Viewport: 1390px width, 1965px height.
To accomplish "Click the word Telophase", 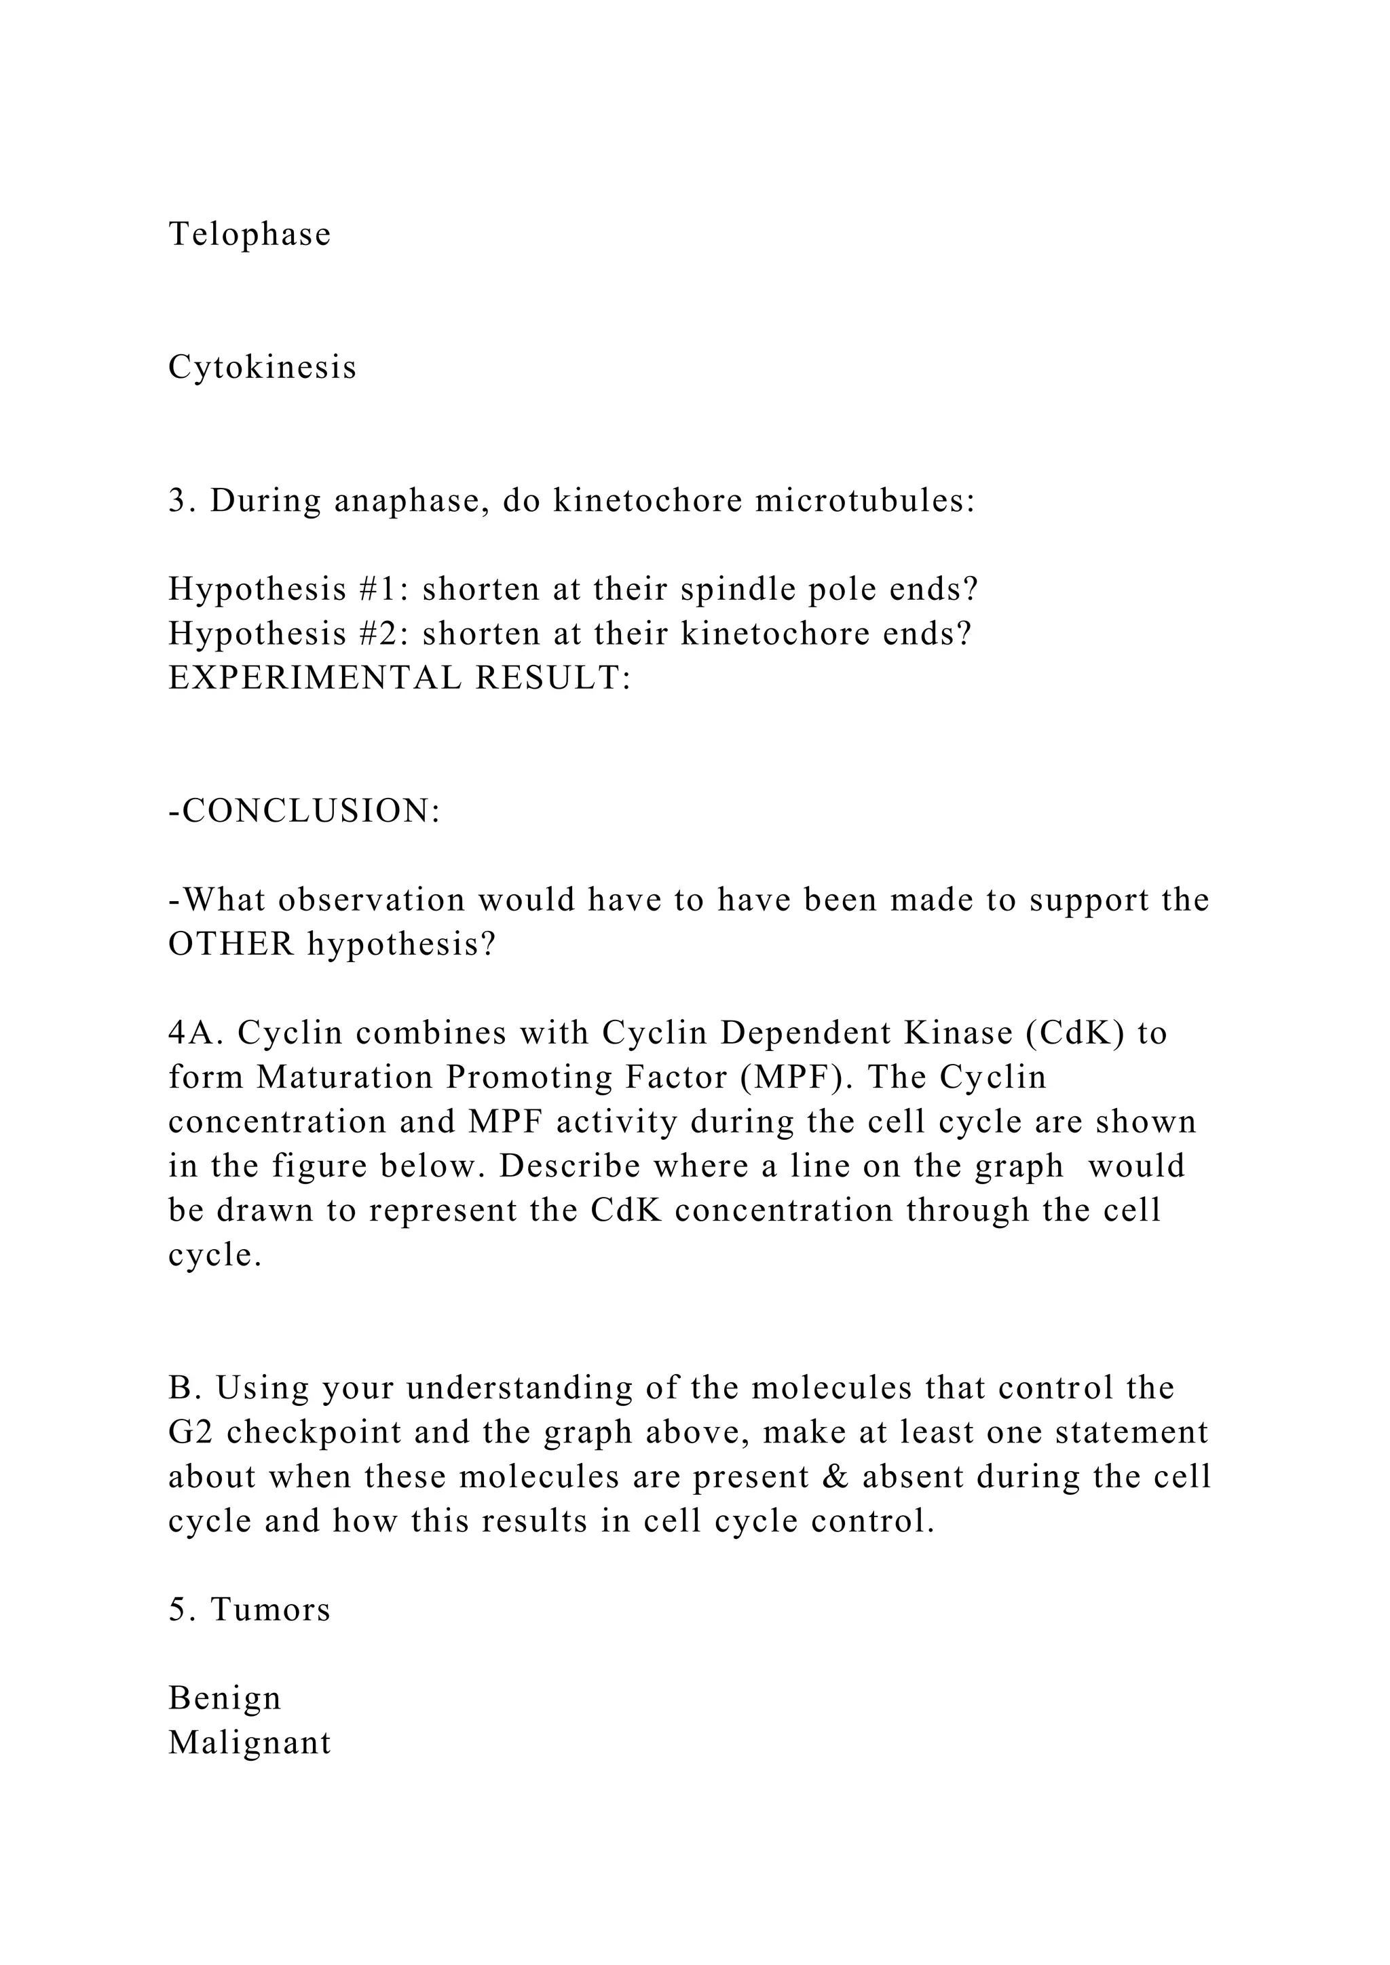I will [x=249, y=233].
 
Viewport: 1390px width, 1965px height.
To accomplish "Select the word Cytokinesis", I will [x=262, y=367].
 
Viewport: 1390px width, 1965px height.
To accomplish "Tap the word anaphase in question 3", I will [x=411, y=501].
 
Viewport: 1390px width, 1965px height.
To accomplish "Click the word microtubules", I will [x=865, y=501].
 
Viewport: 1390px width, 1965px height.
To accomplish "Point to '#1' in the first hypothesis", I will [x=374, y=590].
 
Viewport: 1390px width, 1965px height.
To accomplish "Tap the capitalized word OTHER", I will [x=231, y=944].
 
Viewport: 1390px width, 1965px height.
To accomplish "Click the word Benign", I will [x=224, y=1698].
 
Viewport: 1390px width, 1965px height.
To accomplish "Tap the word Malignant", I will [x=249, y=1742].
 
